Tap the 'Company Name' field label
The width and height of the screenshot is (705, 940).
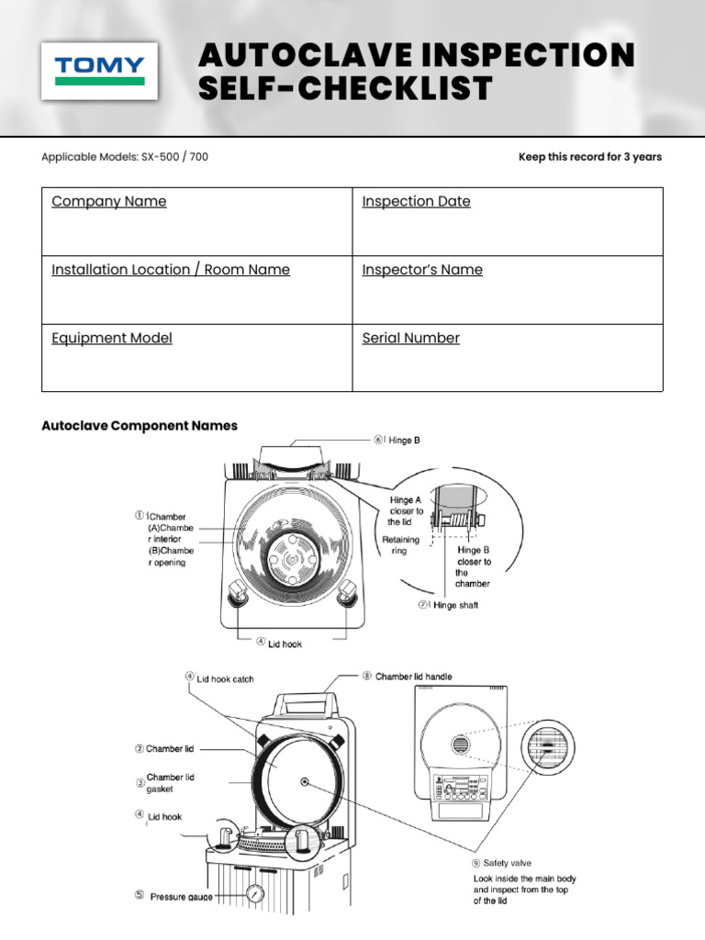coord(109,201)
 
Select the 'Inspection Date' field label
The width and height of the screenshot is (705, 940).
coord(416,201)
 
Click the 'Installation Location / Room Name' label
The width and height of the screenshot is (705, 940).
coord(170,270)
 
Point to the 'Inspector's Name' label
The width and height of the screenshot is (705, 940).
coord(421,270)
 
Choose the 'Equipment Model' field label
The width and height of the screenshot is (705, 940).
coord(111,338)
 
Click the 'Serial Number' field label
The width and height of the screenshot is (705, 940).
coord(410,338)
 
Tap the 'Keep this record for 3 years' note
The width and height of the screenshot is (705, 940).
coord(589,157)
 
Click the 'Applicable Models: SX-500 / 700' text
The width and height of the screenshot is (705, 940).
coord(125,157)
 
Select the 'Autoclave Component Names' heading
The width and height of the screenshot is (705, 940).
coord(140,426)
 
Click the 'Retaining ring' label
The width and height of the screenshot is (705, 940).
coord(400,546)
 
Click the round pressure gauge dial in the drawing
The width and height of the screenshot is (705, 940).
coord(254,892)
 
